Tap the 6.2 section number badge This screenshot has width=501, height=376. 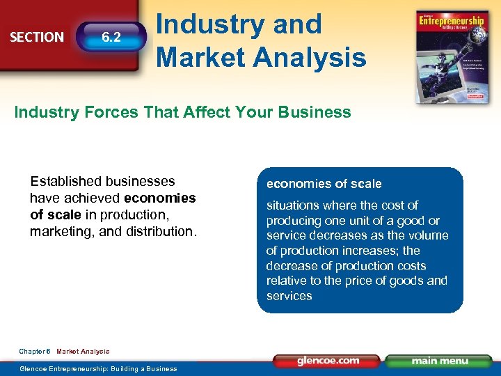[x=111, y=37]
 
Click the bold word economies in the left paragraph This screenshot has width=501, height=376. [x=159, y=198]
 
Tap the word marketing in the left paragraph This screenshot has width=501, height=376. [x=63, y=231]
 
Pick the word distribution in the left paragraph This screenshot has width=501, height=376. [x=159, y=231]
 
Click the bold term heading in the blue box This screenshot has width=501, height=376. [x=324, y=184]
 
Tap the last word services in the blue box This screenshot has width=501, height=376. [x=289, y=296]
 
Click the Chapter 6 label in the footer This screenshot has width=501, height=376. [x=34, y=352]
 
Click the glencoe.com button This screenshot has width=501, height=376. [x=328, y=361]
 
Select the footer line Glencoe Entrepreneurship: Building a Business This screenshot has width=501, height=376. [x=98, y=368]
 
